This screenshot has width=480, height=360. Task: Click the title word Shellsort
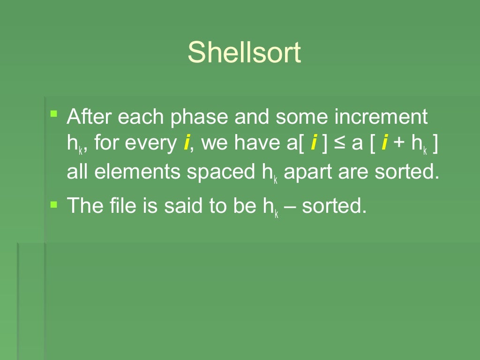coord(244,52)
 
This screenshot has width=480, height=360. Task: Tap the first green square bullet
coord(54,113)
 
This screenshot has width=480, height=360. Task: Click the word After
coord(89,117)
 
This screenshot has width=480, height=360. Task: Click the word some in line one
coord(300,117)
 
